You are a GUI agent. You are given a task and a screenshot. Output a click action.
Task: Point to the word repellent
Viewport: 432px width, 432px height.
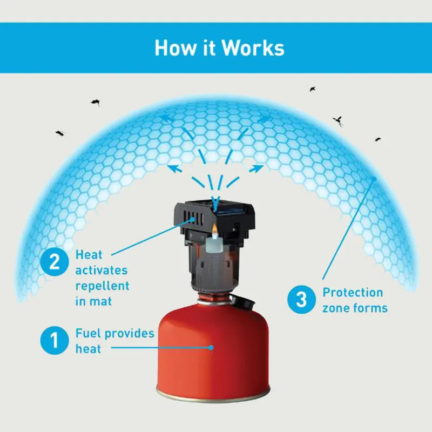click(x=103, y=285)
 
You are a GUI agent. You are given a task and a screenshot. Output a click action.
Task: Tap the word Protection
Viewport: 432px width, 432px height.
click(x=353, y=293)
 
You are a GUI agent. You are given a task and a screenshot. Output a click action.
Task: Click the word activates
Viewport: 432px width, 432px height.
click(x=100, y=269)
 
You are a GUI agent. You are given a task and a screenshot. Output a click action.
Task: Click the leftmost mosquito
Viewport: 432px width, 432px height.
click(x=59, y=132)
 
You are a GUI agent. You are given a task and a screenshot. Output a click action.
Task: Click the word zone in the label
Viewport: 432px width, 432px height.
click(x=335, y=308)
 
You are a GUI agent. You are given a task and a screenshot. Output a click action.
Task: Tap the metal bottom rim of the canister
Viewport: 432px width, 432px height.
click(x=210, y=392)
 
